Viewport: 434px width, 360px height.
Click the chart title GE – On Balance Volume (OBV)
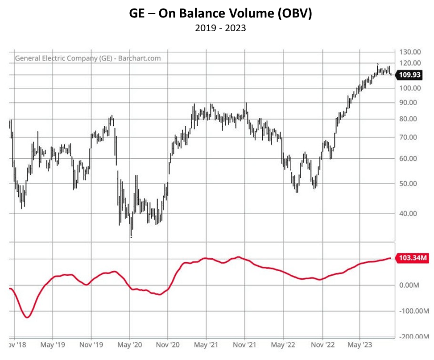(217, 13)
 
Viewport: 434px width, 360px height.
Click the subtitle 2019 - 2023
(217, 28)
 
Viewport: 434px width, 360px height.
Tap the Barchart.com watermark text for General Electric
(88, 58)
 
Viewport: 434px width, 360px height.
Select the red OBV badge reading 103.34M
(411, 258)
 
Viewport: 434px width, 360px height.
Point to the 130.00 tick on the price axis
(410, 52)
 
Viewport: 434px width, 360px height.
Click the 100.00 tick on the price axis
(410, 88)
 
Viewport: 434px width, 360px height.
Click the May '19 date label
(53, 345)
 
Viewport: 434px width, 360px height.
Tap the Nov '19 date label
(91, 345)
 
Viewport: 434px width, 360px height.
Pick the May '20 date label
(130, 345)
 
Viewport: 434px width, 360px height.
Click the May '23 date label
(360, 345)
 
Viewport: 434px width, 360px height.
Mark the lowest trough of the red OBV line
(27, 317)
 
